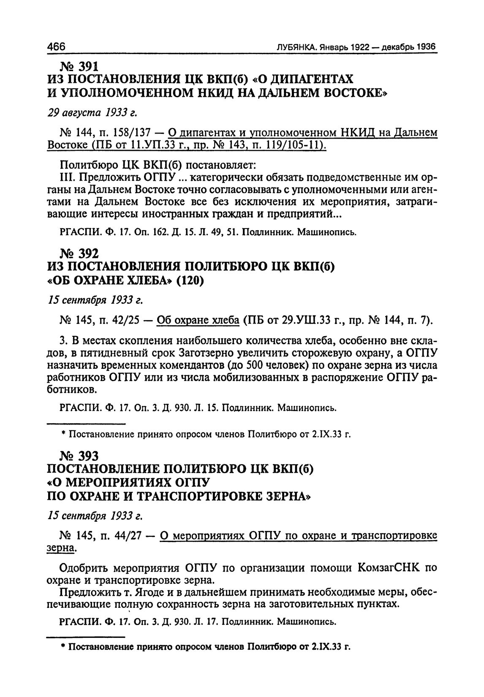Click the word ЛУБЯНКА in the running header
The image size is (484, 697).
(295, 47)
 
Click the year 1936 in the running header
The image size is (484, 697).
(427, 46)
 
